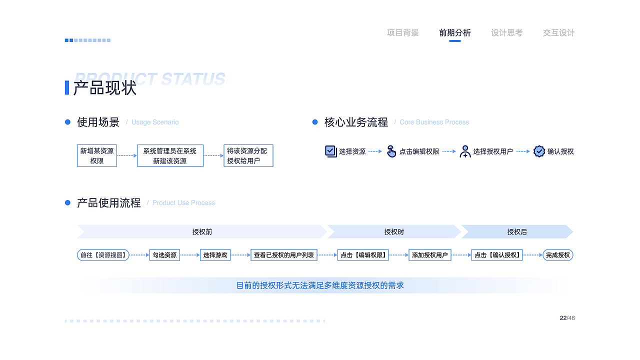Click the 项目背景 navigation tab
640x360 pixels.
tap(402, 33)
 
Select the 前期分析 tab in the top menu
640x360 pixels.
tap(454, 33)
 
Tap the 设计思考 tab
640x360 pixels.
tap(506, 33)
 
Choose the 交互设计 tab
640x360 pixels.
tap(558, 33)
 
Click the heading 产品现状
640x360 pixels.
tap(105, 87)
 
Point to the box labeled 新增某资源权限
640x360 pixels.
tap(97, 155)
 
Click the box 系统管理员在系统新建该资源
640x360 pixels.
tap(170, 155)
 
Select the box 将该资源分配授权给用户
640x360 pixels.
tap(248, 155)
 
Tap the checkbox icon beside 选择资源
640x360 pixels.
tap(331, 151)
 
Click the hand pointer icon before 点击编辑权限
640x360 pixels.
tap(391, 151)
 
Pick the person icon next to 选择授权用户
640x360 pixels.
tap(465, 151)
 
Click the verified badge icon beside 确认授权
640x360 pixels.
tap(539, 151)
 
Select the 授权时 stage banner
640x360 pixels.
tap(394, 231)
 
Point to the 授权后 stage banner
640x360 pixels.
tap(517, 231)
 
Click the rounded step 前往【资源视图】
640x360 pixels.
tap(103, 255)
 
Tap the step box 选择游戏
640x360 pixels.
tap(215, 255)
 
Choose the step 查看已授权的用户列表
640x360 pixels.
tap(284, 255)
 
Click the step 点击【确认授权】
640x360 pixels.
tap(497, 255)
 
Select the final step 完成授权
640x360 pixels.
tap(557, 255)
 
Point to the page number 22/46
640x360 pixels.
tap(567, 318)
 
